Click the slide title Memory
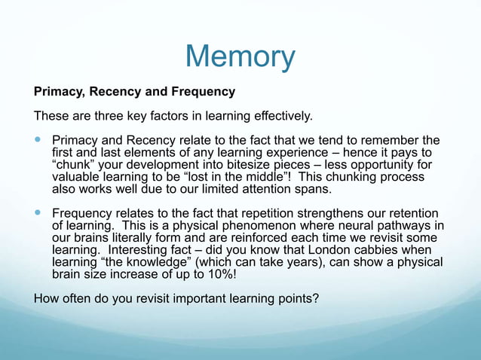pyautogui.click(x=240, y=56)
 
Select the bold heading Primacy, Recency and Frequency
pyautogui.click(x=135, y=92)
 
